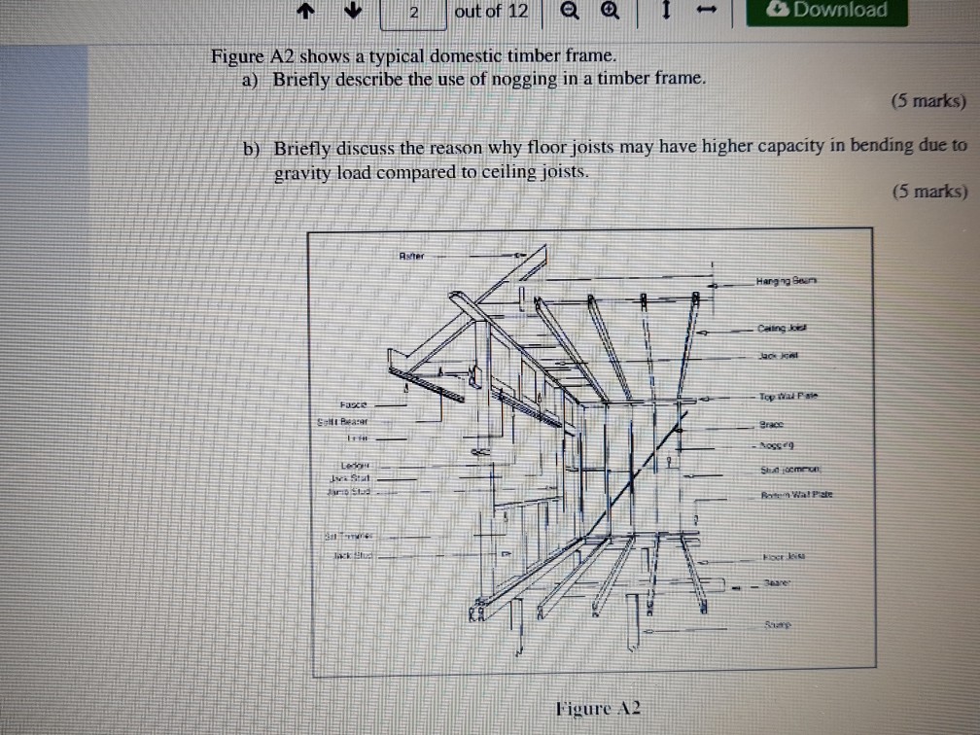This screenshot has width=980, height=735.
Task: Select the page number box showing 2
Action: coord(414,13)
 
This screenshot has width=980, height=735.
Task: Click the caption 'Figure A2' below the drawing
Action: coord(598,707)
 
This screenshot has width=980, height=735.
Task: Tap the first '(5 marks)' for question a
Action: coord(928,101)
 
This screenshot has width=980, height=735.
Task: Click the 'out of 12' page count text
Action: coord(492,12)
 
